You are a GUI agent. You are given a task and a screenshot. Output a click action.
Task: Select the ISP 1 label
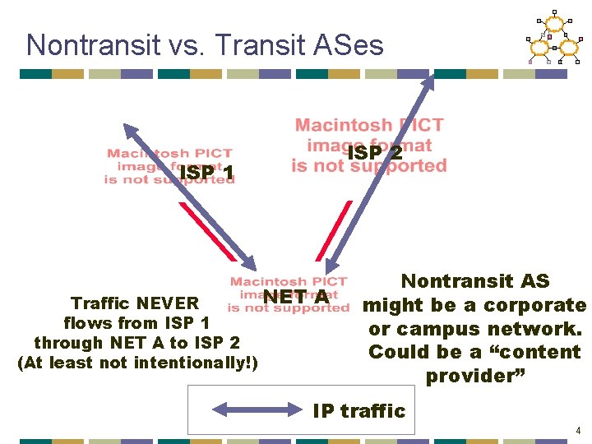click(206, 173)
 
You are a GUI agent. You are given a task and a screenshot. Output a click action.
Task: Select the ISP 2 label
click(375, 153)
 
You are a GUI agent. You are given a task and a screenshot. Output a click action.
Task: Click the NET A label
click(297, 297)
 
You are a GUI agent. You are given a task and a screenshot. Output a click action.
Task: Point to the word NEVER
click(168, 303)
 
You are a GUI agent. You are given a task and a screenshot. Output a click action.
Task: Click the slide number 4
click(578, 430)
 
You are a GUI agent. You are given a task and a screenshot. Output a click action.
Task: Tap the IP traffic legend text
click(359, 410)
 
